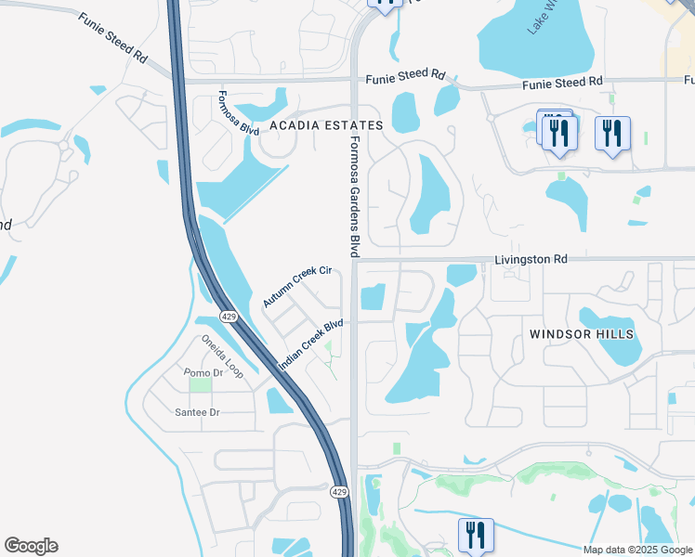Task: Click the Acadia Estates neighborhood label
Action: (x=325, y=125)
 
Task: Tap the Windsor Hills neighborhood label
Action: (x=582, y=333)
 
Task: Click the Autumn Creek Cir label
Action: (x=296, y=286)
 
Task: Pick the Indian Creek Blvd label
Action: (x=311, y=345)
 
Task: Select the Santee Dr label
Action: (x=196, y=411)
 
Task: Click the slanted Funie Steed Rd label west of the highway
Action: (x=113, y=38)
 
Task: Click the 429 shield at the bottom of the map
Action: (x=340, y=491)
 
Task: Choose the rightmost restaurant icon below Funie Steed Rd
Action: (x=612, y=133)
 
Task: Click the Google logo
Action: (x=31, y=546)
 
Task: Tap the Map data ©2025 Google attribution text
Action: (x=637, y=550)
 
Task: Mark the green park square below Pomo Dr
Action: (x=201, y=384)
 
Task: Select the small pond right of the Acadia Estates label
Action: (x=406, y=112)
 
